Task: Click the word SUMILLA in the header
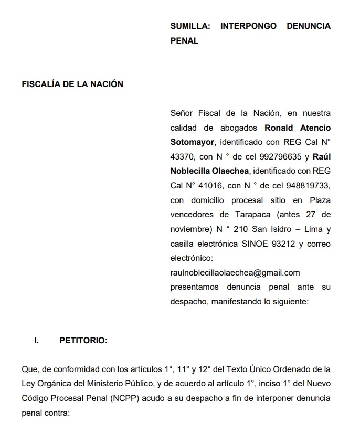tap(188, 26)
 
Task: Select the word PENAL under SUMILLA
tap(184, 40)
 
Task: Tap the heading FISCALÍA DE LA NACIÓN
tap(72, 84)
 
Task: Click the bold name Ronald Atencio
tap(298, 128)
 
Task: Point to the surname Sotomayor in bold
tap(192, 142)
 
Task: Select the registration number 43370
tap(183, 156)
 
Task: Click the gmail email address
tap(235, 272)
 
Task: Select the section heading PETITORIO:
tap(83, 341)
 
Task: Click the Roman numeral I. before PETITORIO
tap(37, 341)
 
